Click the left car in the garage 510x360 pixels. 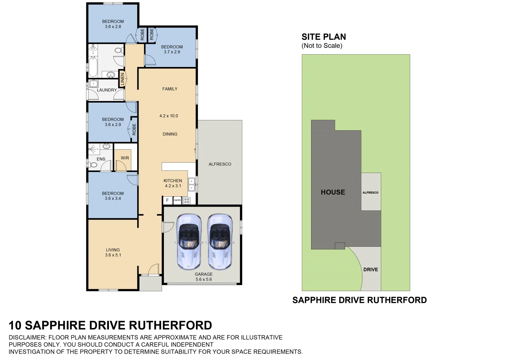tap(189, 241)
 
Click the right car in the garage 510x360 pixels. tap(220, 241)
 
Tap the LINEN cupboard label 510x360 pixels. tap(122, 79)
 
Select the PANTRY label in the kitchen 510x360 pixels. tap(177, 200)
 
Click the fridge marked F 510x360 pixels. tap(168, 200)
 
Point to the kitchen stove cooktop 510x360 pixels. tap(187, 200)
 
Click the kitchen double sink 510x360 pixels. tap(192, 185)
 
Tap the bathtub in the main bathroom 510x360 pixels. tap(92, 67)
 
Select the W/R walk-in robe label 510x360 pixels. tap(125, 158)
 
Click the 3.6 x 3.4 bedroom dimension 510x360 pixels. tap(113, 198)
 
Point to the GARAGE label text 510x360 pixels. tap(204, 274)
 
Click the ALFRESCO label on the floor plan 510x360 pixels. tap(220, 164)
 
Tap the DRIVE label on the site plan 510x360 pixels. tap(370, 270)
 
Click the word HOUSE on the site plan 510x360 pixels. tap(333, 192)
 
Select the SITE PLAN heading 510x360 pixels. tap(323, 37)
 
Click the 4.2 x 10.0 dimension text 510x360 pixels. tap(169, 116)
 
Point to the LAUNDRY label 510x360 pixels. tap(107, 90)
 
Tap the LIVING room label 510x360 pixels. tap(113, 250)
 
